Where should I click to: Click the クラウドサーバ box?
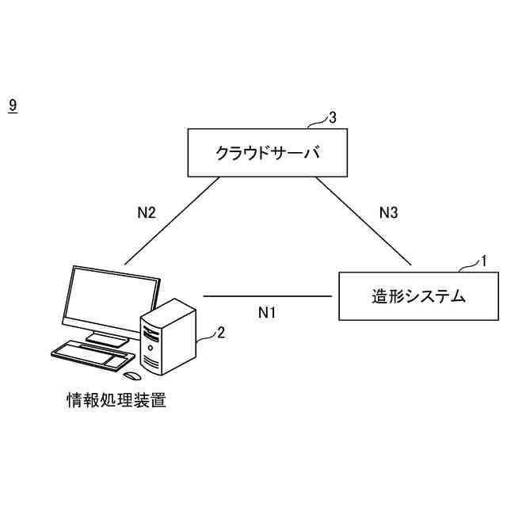coord(267,152)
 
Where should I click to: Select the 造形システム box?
coord(419,296)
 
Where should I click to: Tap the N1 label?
coord(267,312)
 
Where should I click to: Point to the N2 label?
coord(146,212)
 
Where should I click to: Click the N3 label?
coord(387,212)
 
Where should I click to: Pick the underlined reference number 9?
coord(12,104)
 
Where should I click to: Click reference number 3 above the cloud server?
coord(333,117)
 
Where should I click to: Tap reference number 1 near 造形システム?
coord(485,259)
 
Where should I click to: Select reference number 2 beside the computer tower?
coord(221,333)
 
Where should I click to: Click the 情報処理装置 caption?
coord(116,400)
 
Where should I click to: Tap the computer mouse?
coord(133,375)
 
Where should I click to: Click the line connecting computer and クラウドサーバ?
coord(172,220)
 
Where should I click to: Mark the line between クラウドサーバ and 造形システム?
coord(364,220)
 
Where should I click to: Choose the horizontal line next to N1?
coord(267,296)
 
